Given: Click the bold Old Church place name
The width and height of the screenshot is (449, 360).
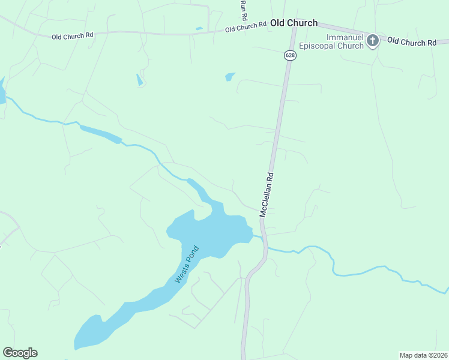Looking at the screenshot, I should point(294,23).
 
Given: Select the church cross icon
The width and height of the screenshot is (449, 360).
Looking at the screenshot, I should point(373,41).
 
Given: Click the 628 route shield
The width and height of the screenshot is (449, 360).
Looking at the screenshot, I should point(290,55).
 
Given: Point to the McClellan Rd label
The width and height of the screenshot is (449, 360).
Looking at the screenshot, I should point(267,195).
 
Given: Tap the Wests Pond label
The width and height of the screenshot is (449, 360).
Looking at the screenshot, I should point(186,265).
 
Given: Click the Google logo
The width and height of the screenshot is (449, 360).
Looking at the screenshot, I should point(20,353).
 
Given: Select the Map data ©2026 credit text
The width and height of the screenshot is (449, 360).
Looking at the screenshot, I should point(423,355).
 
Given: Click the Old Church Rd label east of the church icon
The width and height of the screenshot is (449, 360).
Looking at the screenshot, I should point(411,42).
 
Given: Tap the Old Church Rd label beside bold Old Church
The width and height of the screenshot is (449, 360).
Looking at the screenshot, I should point(246,27).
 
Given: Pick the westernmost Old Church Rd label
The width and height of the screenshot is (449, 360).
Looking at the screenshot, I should point(73,36).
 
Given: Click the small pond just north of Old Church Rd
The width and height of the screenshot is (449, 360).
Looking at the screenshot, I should point(199,28).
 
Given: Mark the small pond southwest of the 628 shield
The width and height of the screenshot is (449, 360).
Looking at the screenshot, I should point(229,77).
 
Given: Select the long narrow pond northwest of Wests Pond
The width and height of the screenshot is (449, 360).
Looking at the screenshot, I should point(100,134).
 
